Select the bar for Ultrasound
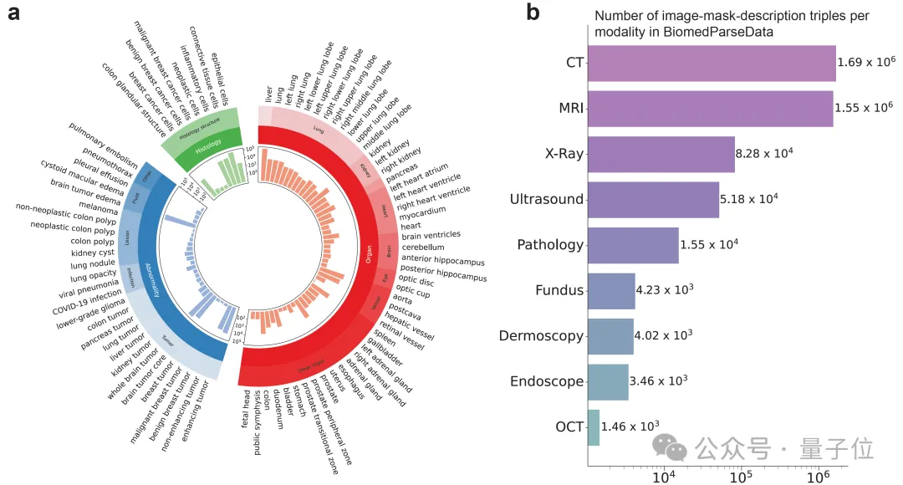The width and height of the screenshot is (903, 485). [x=653, y=200]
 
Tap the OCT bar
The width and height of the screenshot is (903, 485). [x=594, y=427]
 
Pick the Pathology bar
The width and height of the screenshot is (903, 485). [x=633, y=245]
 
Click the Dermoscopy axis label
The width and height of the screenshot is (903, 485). [x=541, y=336]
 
